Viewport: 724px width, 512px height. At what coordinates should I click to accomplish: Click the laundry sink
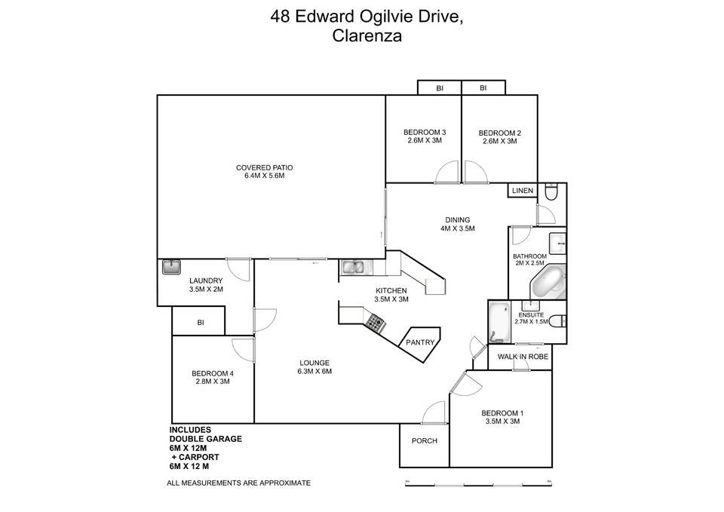[171, 267]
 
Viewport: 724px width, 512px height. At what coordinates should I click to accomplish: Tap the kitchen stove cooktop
[376, 322]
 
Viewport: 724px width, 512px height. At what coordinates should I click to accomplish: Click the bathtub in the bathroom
[548, 282]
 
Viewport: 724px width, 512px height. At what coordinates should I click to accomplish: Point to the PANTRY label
[420, 342]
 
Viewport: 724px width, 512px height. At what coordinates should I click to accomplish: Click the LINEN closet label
[522, 190]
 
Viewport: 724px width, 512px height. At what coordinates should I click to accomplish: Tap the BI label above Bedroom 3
[440, 87]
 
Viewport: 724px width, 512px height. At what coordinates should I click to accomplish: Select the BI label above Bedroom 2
[483, 87]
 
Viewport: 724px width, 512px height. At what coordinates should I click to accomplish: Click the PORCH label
[425, 441]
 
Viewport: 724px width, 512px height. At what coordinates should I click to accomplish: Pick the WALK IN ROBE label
[523, 357]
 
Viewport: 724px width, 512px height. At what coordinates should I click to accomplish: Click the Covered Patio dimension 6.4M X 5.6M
[264, 176]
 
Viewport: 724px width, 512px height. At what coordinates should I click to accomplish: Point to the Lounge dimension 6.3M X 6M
[314, 371]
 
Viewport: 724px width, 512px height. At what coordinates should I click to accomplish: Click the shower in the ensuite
[499, 322]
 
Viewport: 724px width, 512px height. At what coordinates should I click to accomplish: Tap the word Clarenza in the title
[367, 36]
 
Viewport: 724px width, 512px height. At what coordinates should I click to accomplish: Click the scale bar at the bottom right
[478, 484]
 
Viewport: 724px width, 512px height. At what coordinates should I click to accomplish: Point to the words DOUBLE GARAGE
[205, 439]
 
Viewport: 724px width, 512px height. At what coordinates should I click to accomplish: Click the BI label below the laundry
[201, 323]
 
